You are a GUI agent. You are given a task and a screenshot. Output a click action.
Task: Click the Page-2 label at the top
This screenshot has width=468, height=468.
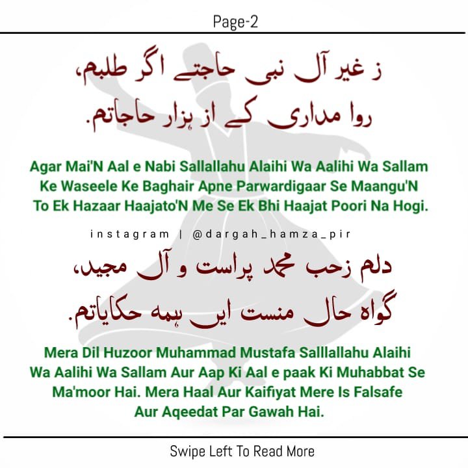[234, 23]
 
